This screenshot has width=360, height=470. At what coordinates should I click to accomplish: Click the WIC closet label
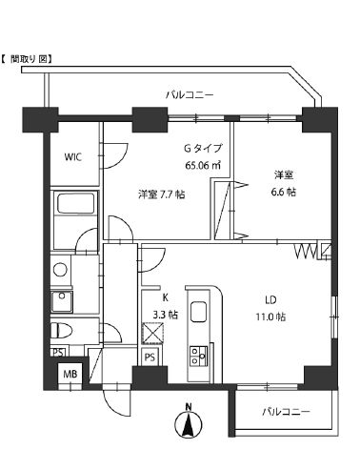click(x=74, y=156)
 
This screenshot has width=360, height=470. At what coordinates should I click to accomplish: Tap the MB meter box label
click(x=70, y=375)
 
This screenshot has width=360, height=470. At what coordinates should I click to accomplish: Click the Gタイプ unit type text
click(x=203, y=149)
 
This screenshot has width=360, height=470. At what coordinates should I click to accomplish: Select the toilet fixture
click(x=62, y=330)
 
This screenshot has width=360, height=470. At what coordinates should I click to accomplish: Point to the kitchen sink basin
click(x=199, y=312)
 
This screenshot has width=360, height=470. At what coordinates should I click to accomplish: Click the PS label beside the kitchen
click(x=150, y=358)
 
